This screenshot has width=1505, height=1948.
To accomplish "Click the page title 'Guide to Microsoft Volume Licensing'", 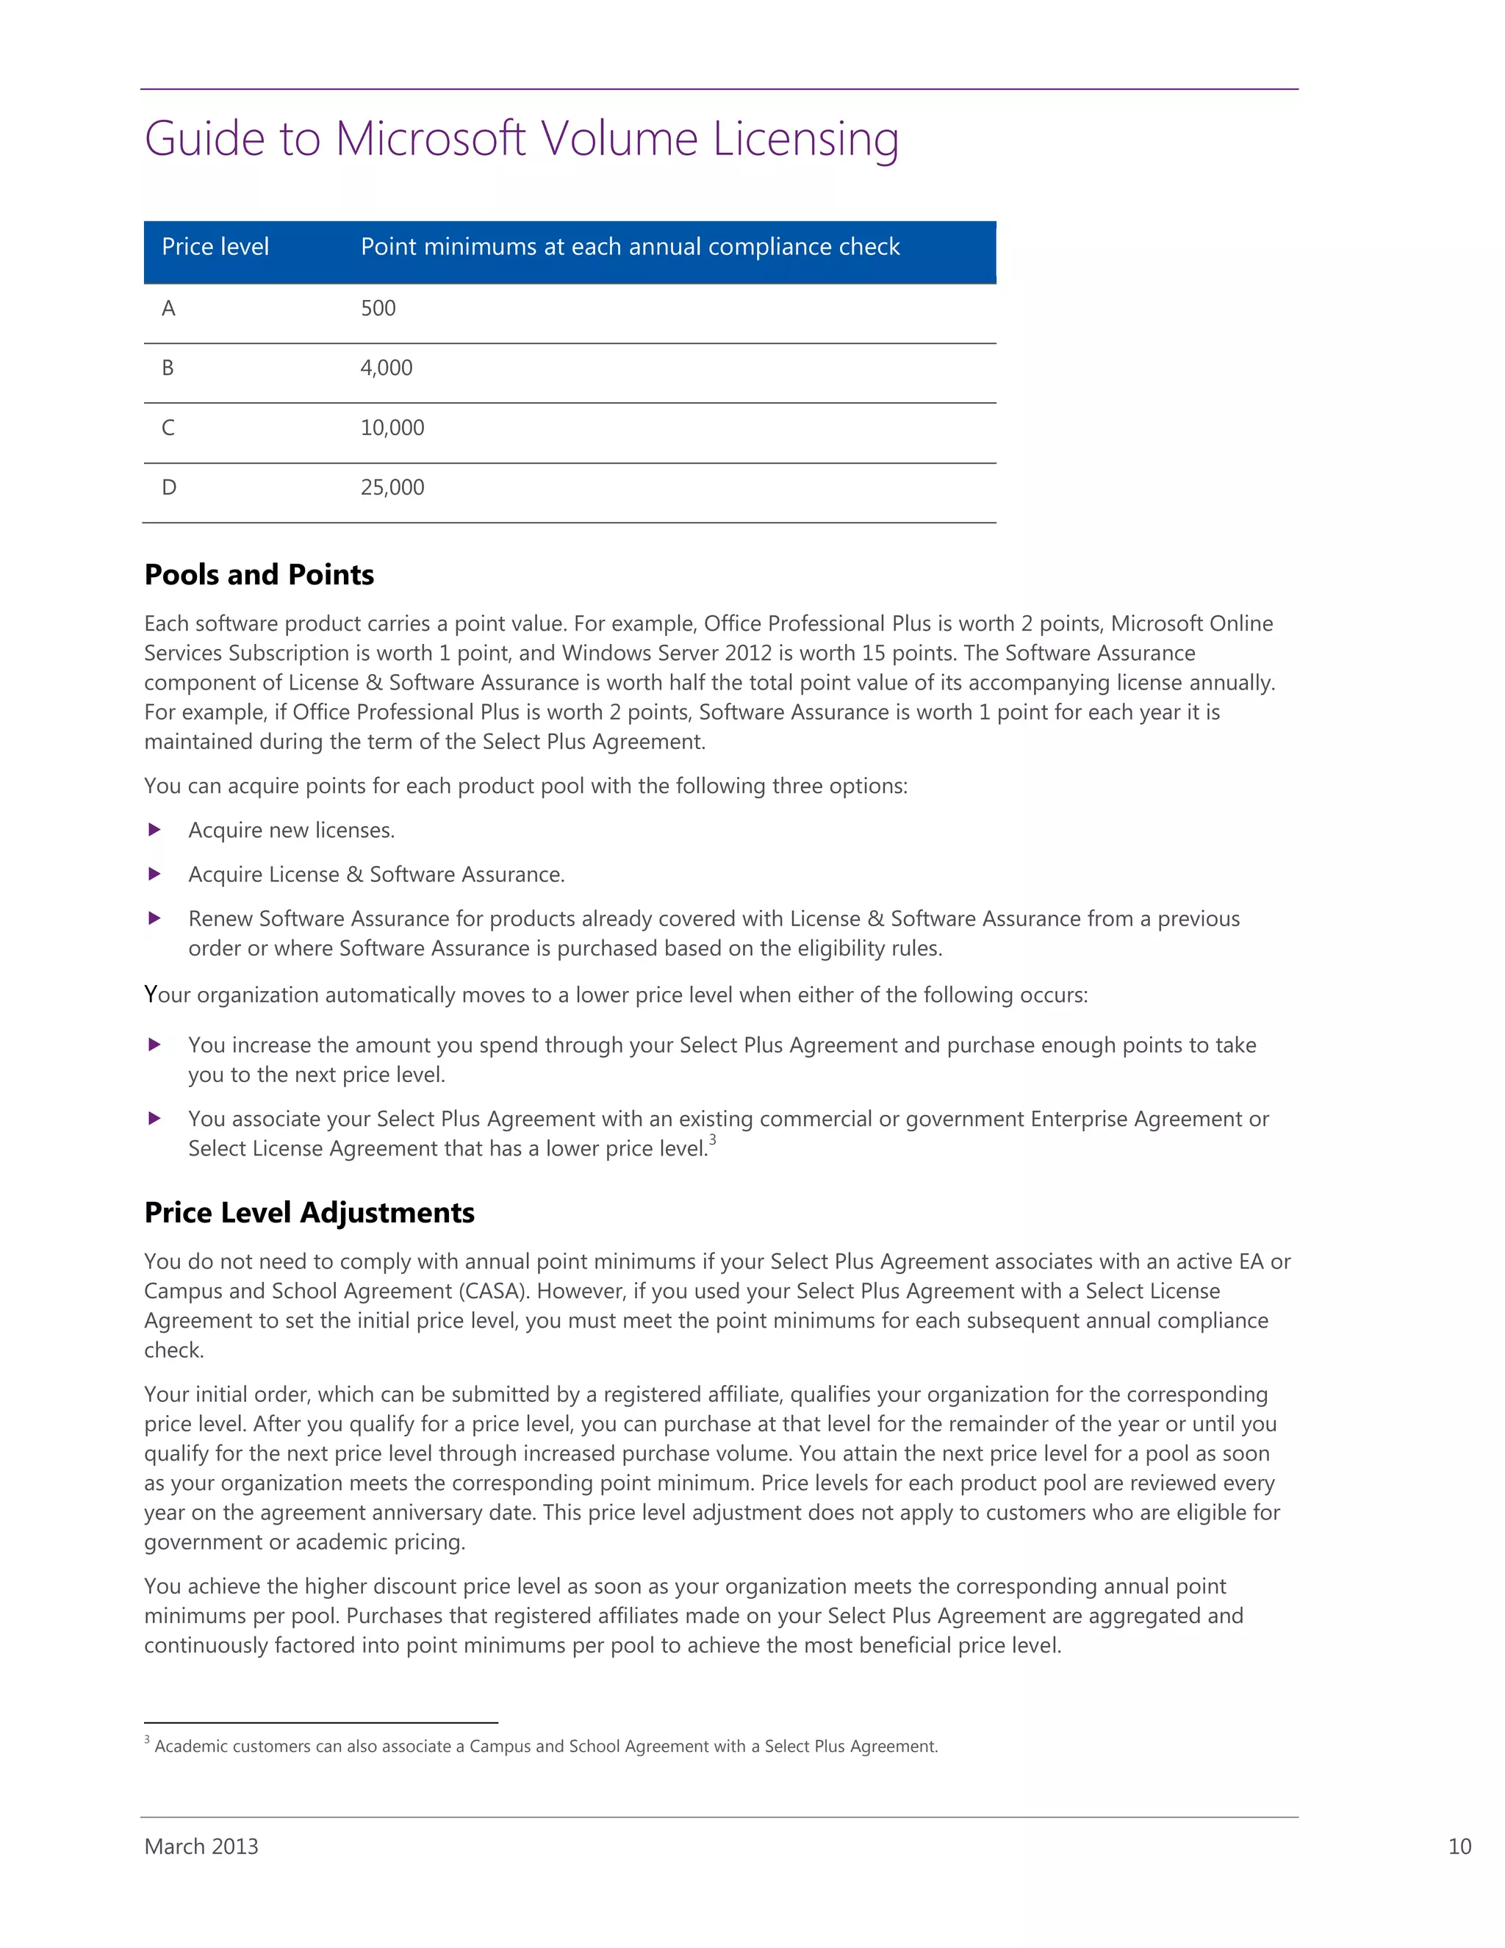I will (x=522, y=140).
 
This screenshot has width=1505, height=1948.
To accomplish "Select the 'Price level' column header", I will (x=215, y=247).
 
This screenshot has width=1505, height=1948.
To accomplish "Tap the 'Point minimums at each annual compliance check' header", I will (x=630, y=247).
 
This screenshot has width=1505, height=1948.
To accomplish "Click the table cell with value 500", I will (x=378, y=309).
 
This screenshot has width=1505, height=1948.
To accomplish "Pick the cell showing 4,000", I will (x=386, y=368).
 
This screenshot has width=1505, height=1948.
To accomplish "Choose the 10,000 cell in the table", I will (x=392, y=428).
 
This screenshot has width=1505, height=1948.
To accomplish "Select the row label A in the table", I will (x=168, y=309).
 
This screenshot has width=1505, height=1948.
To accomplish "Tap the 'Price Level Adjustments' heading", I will (x=309, y=1213).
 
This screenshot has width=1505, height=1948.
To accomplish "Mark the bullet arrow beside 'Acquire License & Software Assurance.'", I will (x=154, y=874).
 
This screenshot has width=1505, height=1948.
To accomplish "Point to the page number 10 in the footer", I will (x=1459, y=1847).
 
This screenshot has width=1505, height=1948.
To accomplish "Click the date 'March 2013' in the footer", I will (x=201, y=1847).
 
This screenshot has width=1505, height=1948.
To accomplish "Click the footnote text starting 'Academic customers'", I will (x=546, y=1747).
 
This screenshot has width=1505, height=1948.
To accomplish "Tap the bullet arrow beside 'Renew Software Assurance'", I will (x=154, y=919).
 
